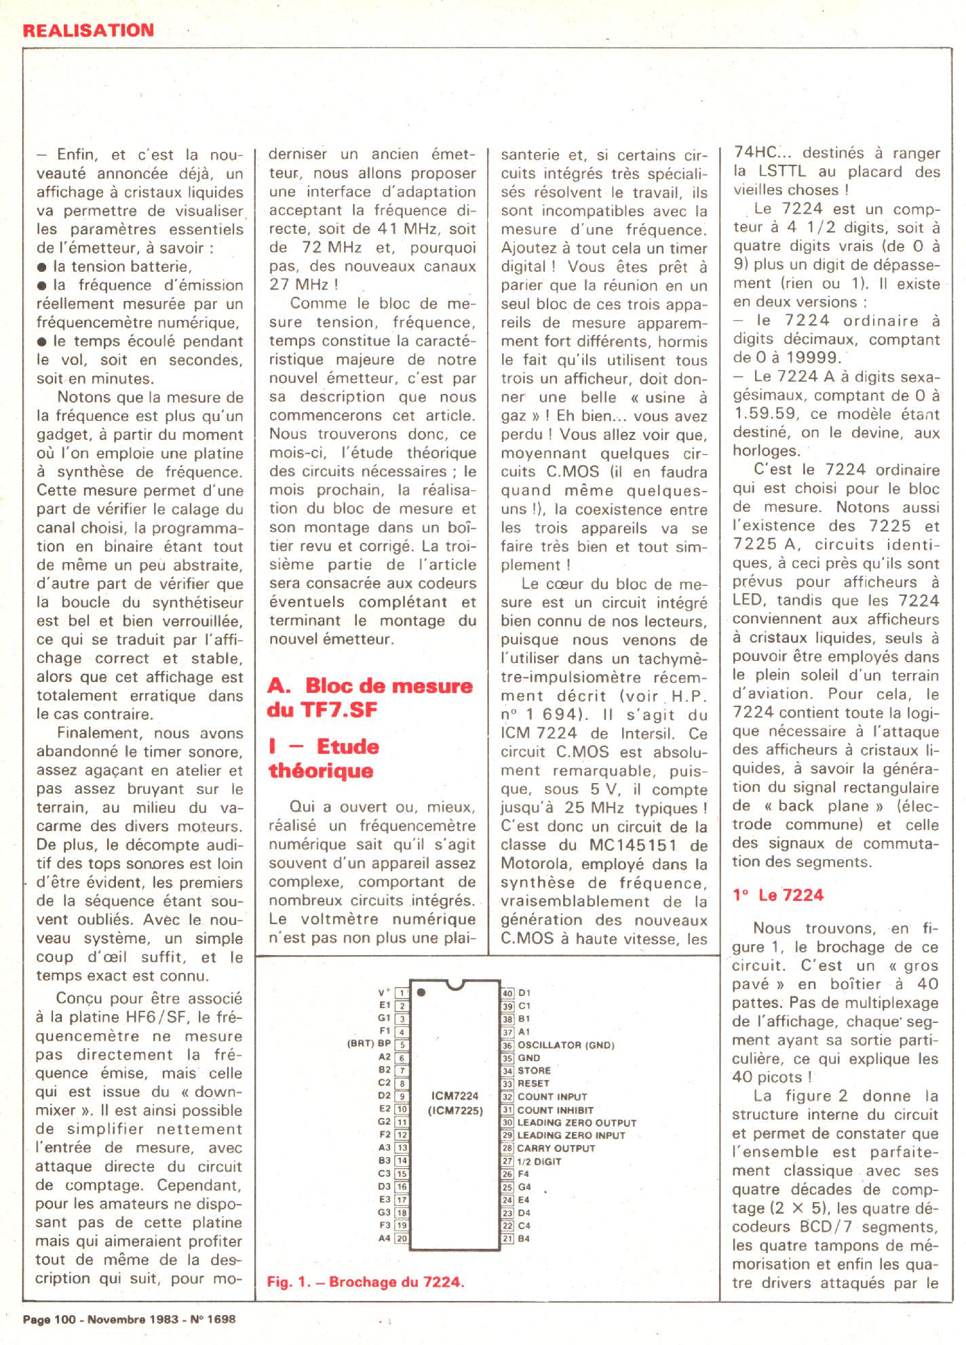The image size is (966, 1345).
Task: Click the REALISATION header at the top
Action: click(89, 30)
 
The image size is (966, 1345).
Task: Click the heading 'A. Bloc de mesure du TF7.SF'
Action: click(370, 697)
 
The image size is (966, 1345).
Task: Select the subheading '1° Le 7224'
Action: click(778, 895)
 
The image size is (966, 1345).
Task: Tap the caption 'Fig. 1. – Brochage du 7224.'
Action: click(366, 1282)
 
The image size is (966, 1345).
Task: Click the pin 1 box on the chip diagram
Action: click(402, 993)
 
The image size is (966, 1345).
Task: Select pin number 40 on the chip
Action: click(507, 993)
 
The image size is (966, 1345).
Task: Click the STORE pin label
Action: click(534, 1070)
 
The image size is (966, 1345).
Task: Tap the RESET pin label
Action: click(534, 1083)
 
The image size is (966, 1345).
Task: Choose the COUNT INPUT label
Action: click(552, 1096)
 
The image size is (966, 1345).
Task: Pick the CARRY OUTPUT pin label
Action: click(556, 1148)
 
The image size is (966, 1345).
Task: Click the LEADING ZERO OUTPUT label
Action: click(577, 1123)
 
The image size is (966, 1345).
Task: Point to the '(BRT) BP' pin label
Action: click(369, 1045)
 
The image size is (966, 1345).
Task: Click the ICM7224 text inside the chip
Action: click(455, 1096)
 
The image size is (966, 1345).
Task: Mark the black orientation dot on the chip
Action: click(422, 992)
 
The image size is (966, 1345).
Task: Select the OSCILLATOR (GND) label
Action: click(566, 1045)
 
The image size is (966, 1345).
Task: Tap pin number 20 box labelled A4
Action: click(402, 1238)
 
